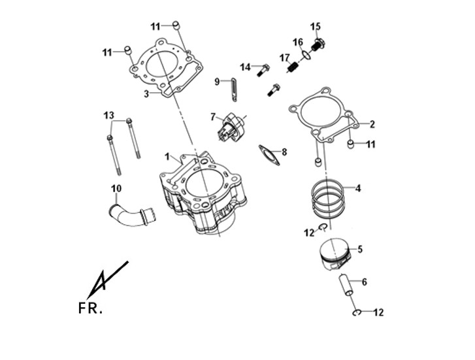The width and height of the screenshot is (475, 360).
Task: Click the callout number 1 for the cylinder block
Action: pos(167,157)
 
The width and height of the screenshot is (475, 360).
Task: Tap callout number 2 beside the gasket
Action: pos(372,124)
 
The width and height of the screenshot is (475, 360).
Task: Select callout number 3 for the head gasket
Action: pos(146,94)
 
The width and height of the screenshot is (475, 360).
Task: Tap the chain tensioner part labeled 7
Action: pos(231,127)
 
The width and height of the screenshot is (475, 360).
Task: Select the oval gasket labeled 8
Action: pos(269,155)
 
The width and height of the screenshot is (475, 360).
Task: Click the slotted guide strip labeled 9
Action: pos(234,90)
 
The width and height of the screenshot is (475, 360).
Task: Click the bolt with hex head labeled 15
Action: pos(318,46)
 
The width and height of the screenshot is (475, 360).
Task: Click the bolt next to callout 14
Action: pos(263,70)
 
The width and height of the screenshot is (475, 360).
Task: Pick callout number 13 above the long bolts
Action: pos(108,115)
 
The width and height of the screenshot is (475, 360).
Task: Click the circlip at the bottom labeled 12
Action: pos(357,313)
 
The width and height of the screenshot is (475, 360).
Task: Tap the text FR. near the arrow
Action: pos(90,308)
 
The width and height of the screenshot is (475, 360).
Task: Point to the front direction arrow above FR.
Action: pos(108,280)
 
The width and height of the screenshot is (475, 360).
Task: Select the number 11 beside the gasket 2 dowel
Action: pos(371,144)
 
